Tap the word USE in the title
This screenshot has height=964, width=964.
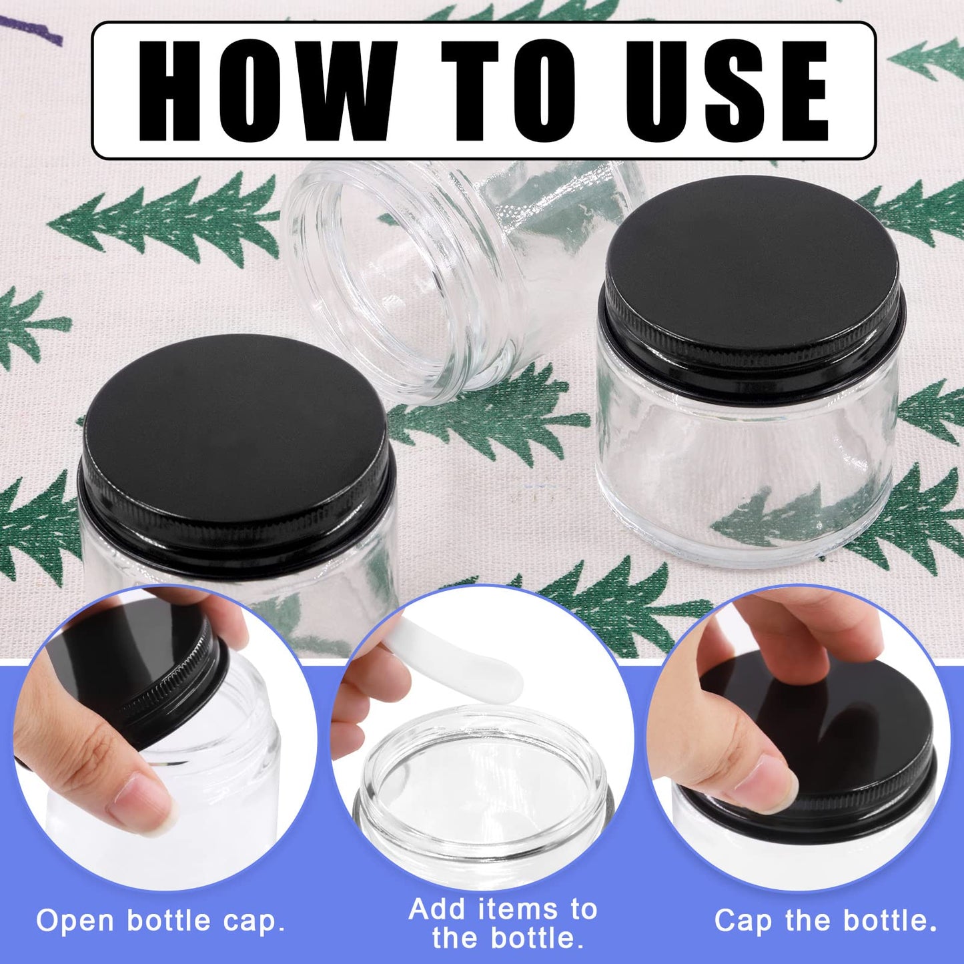pos(726,91)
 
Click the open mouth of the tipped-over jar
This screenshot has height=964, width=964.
pos(394,280)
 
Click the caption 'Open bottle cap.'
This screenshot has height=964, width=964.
pos(161,921)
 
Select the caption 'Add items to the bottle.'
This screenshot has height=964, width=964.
pos(504,923)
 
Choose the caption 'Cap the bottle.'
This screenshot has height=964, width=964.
pos(826,921)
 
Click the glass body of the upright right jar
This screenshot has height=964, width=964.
pos(747,467)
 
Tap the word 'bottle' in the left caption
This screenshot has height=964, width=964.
pos(169,921)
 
